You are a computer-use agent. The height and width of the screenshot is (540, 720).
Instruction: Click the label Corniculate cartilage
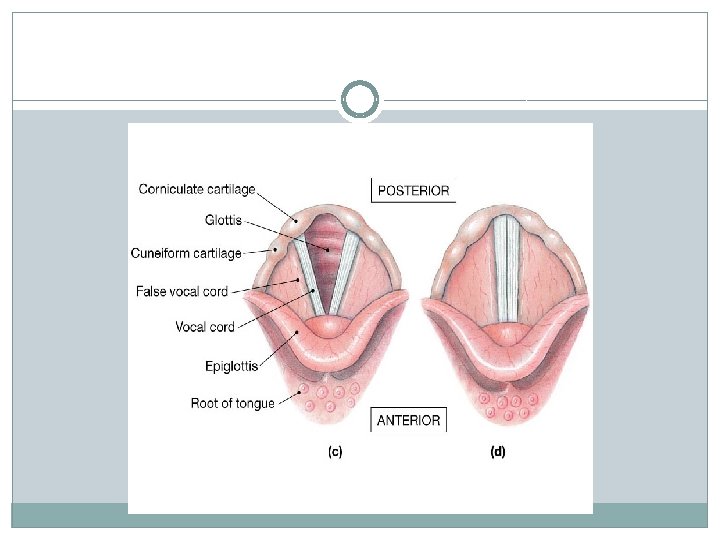[x=197, y=188]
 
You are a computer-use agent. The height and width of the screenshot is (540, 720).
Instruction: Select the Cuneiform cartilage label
[x=186, y=254]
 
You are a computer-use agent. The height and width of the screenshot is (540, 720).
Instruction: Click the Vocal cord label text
[x=204, y=327]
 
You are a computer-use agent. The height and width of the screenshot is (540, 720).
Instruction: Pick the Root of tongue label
[x=232, y=404]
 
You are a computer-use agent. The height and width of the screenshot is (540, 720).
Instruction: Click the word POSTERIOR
[x=413, y=190]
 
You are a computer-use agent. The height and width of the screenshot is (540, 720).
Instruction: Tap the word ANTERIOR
[x=408, y=421]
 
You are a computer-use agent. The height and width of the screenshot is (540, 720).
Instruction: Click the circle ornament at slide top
[x=359, y=100]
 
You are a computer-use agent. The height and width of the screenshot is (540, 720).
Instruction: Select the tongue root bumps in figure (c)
[x=334, y=398]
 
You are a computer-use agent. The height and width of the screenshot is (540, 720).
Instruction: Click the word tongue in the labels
[x=253, y=404]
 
